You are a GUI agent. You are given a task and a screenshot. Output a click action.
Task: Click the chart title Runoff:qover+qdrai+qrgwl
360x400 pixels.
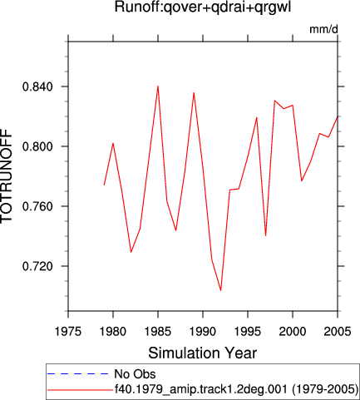click(203, 7)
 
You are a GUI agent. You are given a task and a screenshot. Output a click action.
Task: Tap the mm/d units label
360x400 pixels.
click(323, 29)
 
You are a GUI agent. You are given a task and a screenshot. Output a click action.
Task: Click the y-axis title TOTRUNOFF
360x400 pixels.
click(7, 176)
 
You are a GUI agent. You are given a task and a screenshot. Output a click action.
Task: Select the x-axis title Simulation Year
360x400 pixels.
click(203, 353)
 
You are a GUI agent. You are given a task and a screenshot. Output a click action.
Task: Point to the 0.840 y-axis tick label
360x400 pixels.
click(37, 86)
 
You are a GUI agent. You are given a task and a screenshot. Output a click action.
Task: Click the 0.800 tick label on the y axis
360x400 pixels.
click(37, 146)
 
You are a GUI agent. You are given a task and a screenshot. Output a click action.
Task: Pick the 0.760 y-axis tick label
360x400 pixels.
click(37, 206)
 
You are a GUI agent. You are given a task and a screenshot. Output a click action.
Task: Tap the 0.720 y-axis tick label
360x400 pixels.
click(37, 266)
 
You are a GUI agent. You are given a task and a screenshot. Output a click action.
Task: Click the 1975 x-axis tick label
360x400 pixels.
click(68, 331)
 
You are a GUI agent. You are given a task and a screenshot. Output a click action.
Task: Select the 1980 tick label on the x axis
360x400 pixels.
click(113, 331)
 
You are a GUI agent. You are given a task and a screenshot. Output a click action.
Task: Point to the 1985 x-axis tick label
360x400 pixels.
click(158, 331)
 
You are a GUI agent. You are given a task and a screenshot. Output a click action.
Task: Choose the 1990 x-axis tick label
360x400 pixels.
click(203, 331)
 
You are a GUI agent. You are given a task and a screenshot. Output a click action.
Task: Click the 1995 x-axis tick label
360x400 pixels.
click(248, 331)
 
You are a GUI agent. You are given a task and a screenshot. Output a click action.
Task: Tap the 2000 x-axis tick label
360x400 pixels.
click(293, 331)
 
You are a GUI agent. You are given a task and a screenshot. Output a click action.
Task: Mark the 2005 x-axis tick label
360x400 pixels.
click(338, 331)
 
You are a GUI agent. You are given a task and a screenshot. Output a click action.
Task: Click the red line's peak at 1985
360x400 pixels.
click(158, 86)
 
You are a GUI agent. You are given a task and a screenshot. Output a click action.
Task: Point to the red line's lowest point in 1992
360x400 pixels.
click(221, 290)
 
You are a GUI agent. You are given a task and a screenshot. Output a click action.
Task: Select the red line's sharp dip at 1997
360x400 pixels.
click(266, 235)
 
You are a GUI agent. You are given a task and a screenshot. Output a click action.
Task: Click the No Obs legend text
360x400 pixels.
click(135, 374)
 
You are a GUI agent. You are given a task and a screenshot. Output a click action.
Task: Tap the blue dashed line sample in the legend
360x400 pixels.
click(78, 374)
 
